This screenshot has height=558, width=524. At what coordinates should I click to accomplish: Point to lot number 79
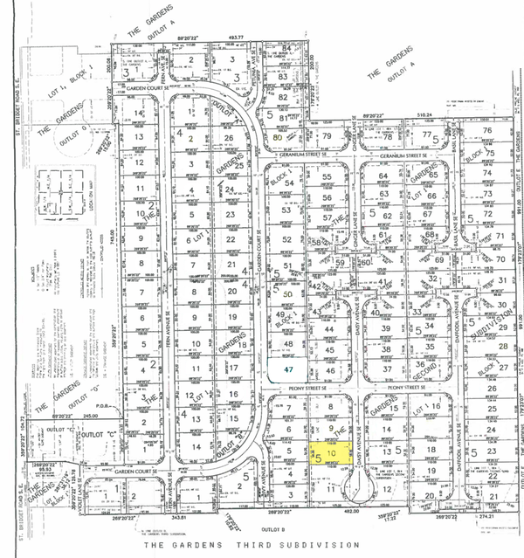click(327, 137)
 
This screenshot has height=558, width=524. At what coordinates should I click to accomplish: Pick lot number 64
click(383, 176)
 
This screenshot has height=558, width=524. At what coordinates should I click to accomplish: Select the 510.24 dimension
click(425, 114)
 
